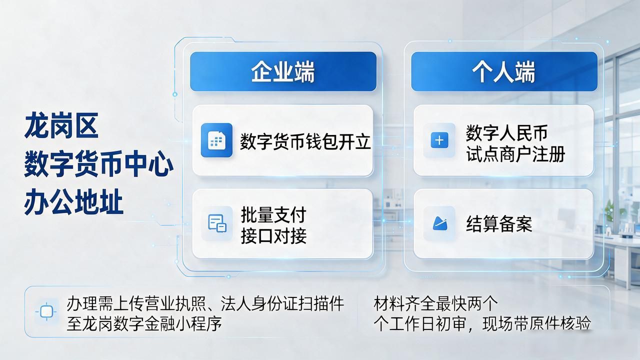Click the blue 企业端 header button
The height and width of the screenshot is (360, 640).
pyautogui.click(x=283, y=71)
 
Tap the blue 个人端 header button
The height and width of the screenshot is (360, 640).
pyautogui.click(x=504, y=71)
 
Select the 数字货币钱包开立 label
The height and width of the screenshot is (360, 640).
pyautogui.click(x=305, y=141)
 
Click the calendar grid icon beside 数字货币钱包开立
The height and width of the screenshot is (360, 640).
pyautogui.click(x=216, y=140)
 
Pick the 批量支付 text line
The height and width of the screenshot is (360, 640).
pyautogui.click(x=273, y=215)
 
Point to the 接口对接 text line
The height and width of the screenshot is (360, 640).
pyautogui.click(x=273, y=236)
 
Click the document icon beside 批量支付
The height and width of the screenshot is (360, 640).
pyautogui.click(x=217, y=223)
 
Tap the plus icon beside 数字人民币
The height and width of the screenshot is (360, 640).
pyautogui.click(x=439, y=140)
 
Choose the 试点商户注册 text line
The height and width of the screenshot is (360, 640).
pyautogui.click(x=515, y=154)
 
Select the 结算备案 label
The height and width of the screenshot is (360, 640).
pyautogui.click(x=499, y=224)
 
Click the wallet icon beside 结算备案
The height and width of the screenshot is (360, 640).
pyautogui.click(x=439, y=223)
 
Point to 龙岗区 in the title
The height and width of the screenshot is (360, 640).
pyautogui.click(x=61, y=125)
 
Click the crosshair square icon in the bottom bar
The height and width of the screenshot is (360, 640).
pyautogui.click(x=46, y=311)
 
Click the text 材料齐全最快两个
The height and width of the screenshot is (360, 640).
pyautogui.click(x=435, y=303)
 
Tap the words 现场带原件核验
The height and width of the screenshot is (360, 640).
pyautogui.click(x=536, y=323)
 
